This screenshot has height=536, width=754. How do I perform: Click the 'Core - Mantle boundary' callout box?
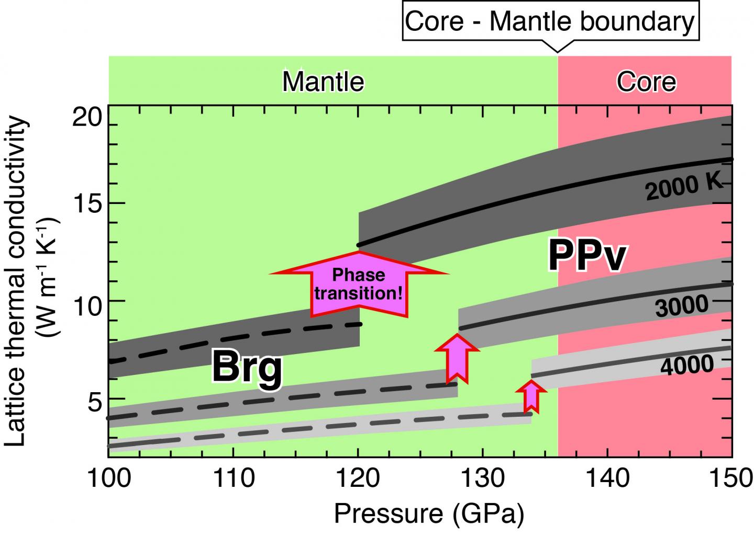pyautogui.click(x=550, y=22)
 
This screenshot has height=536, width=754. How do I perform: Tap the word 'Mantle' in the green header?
pyautogui.click(x=323, y=82)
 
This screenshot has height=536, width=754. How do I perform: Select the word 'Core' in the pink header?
pyautogui.click(x=646, y=82)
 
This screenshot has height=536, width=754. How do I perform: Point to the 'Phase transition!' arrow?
pyautogui.click(x=359, y=283)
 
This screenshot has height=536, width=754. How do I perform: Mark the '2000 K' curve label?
pyautogui.click(x=684, y=187)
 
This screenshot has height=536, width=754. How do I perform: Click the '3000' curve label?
pyautogui.click(x=681, y=306)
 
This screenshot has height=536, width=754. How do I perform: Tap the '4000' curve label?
pyautogui.click(x=687, y=365)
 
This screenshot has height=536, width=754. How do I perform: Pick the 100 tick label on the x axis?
pyautogui.click(x=108, y=478)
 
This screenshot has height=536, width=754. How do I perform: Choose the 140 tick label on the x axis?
pyautogui.click(x=607, y=478)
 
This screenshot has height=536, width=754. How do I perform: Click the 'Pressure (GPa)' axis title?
pyautogui.click(x=429, y=514)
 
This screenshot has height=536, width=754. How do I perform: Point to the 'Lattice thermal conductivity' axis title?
pyautogui.click(x=17, y=281)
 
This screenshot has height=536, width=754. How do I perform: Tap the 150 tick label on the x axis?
pyautogui.click(x=731, y=478)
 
